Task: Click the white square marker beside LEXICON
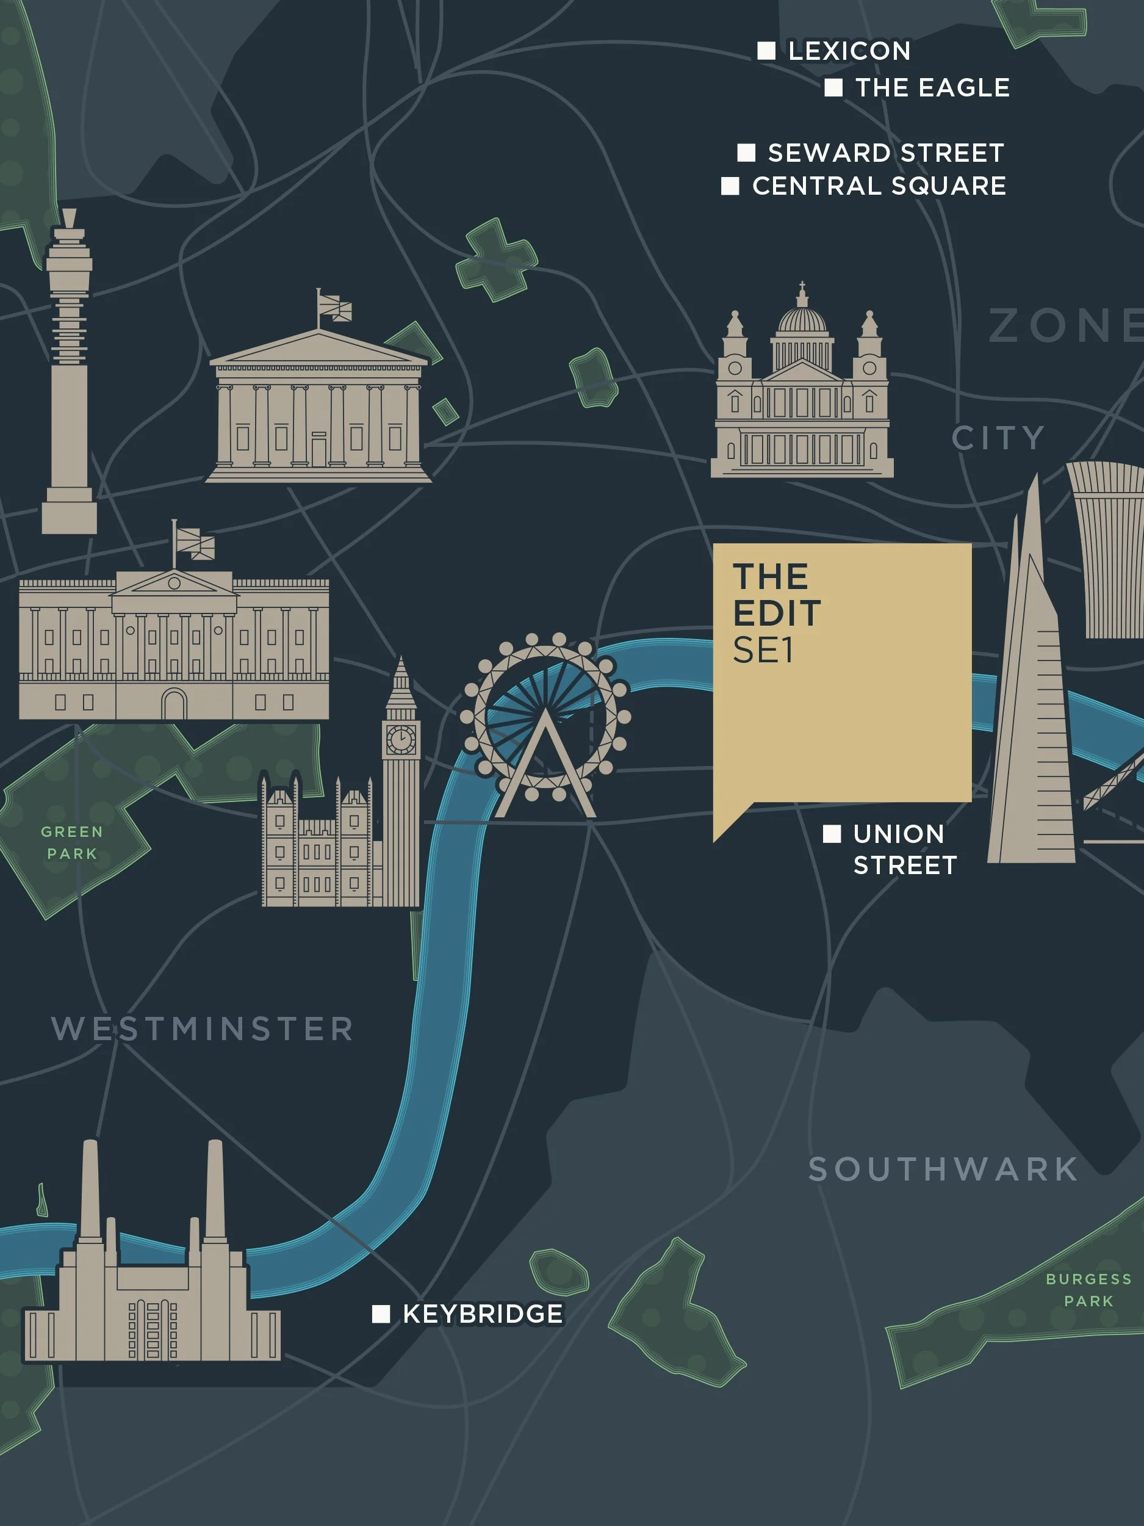[x=766, y=51]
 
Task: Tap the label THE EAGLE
[x=932, y=88]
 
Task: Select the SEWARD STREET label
[x=885, y=153]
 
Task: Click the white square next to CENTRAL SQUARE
[x=730, y=186]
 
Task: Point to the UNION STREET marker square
[x=832, y=833]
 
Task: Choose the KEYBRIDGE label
[x=483, y=1314]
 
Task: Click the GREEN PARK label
[x=72, y=842]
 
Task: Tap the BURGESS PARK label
[x=1088, y=1290]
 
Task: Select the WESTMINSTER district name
[x=203, y=1029]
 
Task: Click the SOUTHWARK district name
[x=943, y=1170]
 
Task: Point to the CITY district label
[x=998, y=438]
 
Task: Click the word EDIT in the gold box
[x=777, y=613]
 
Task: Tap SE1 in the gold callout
[x=763, y=651]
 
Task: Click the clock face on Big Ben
[x=401, y=740]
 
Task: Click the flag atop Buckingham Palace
[x=195, y=544]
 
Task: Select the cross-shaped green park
[x=497, y=259]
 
